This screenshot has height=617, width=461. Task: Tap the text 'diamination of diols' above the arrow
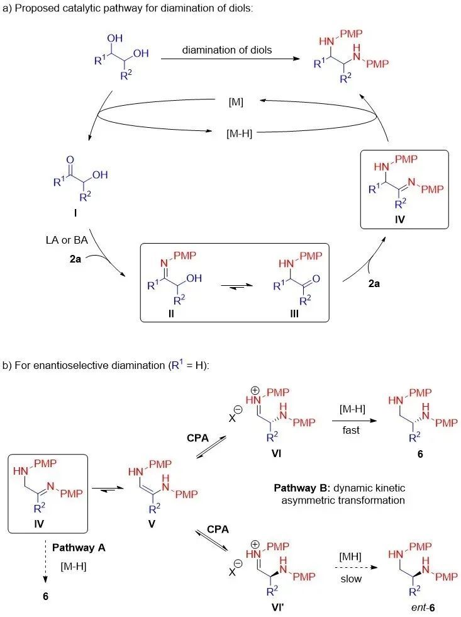point(227,50)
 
